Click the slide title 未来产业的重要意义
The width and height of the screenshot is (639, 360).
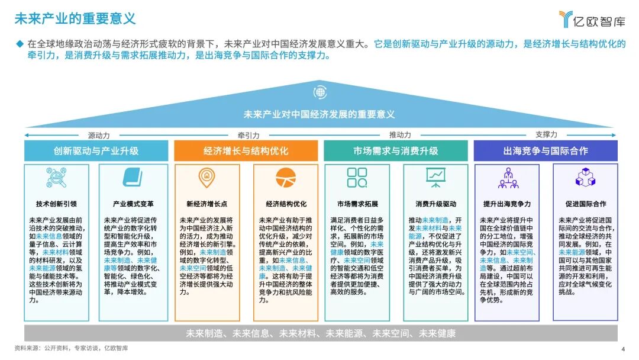pos(75,18)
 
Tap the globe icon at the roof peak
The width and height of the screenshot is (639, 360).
pos(320,92)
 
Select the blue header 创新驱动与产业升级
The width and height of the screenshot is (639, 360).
pos(96,150)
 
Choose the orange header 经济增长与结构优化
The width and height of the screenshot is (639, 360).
pos(246,150)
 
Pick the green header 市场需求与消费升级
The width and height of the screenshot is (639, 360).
pos(395,150)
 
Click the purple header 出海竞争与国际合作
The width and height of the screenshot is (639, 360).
pos(546,150)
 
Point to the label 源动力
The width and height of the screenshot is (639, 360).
pos(99,135)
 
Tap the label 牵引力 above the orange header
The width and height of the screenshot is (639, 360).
pos(248,135)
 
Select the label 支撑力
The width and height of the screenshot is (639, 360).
pos(546,135)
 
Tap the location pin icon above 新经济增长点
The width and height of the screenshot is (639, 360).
pos(206,176)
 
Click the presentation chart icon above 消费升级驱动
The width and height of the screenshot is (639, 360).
pos(435,177)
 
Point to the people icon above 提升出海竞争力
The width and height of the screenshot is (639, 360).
pos(508,177)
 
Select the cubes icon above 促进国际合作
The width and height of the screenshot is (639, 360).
pos(585,177)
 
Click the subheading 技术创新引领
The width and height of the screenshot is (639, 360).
pos(56,204)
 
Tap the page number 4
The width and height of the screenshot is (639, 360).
pos(622,348)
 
